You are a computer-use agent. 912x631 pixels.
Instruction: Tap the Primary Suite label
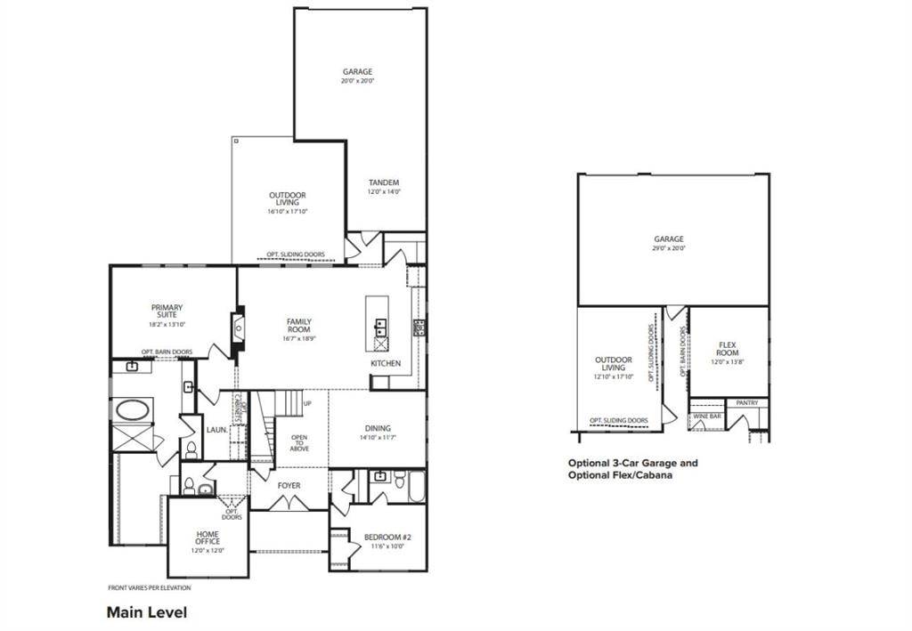coord(167,311)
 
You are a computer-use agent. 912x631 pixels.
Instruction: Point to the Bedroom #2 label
coord(387,538)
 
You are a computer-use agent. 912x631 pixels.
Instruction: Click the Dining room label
coord(378,428)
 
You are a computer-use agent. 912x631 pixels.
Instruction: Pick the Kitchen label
coord(386,363)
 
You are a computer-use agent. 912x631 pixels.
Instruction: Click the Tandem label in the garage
coord(383,182)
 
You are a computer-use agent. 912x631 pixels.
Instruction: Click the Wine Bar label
coord(705,415)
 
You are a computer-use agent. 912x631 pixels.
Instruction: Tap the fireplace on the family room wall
coord(238,327)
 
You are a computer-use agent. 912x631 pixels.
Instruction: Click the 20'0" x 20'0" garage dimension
coord(357,81)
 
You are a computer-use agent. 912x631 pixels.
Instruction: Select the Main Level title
coord(146,612)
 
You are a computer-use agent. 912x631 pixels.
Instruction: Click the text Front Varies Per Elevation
coord(149,587)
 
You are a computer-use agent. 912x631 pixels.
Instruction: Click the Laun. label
coord(216,429)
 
